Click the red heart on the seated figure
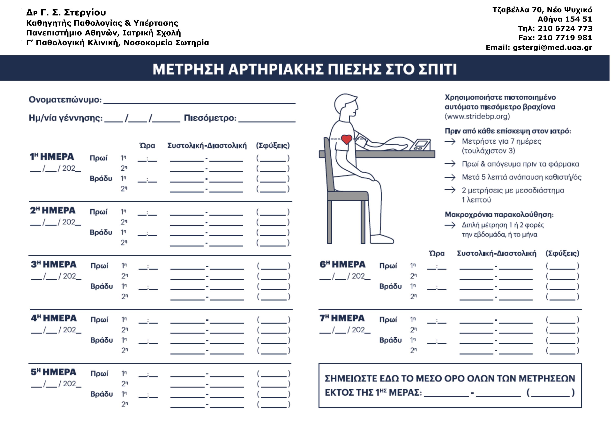(346, 139)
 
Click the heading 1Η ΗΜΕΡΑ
(52, 157)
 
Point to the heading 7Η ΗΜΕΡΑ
(342, 318)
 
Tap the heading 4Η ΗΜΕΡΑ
(54, 318)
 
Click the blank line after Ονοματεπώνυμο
(199, 101)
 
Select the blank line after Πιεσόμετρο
(267, 119)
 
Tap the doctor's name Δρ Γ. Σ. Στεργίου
(66, 12)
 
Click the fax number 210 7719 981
(565, 38)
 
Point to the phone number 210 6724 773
(565, 28)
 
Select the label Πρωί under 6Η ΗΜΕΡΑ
(388, 266)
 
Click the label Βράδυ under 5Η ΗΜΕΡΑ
(102, 394)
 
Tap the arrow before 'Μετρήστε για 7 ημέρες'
(450, 142)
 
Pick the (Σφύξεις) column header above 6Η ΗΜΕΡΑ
(562, 253)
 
